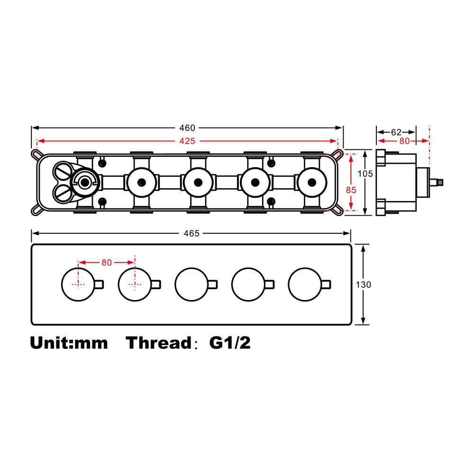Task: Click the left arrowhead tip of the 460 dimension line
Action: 32,128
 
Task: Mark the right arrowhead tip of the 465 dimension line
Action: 350,233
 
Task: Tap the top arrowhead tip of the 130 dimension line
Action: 364,245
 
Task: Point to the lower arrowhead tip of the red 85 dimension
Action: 351,210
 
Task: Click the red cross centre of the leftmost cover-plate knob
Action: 78,284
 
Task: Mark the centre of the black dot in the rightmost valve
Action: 312,182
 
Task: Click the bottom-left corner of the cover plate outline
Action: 32,325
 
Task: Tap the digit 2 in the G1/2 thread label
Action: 245,343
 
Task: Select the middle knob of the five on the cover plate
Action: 191,284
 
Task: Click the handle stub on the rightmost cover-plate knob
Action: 326,284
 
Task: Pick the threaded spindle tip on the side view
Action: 440,182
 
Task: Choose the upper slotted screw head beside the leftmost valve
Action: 64,172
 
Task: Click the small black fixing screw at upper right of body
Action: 271,163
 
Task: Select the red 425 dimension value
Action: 187,141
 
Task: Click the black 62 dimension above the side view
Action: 396,132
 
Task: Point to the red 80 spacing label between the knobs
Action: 107,263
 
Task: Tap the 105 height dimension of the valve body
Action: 365,174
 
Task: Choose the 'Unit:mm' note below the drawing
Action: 69,343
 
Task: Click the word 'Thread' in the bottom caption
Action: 159,343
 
